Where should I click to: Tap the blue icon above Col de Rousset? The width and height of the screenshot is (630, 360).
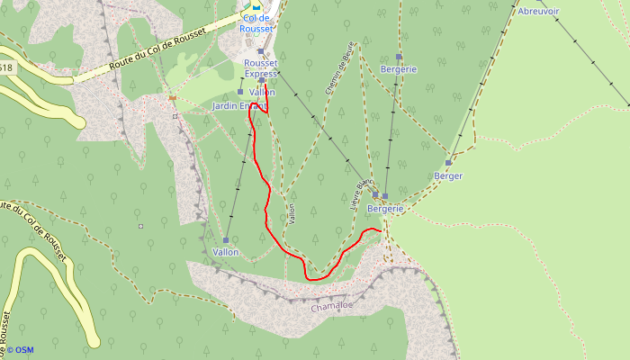pyautogui.click(x=255, y=5)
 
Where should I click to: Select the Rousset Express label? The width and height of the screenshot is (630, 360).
pyautogui.click(x=260, y=68)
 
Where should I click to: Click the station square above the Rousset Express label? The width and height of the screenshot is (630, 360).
pyautogui.click(x=260, y=52)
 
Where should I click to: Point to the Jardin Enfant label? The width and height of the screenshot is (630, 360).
pyautogui.click(x=238, y=106)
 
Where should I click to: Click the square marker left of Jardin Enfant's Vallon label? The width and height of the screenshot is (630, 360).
pyautogui.click(x=240, y=92)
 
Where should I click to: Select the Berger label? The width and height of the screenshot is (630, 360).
pyautogui.click(x=447, y=175)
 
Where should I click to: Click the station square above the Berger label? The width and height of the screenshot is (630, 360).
pyautogui.click(x=448, y=163)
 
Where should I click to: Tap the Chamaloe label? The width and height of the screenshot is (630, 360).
pyautogui.click(x=331, y=307)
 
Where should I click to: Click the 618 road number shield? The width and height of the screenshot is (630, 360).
pyautogui.click(x=5, y=67)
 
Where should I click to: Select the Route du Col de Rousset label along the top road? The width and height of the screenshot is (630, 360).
pyautogui.click(x=157, y=50)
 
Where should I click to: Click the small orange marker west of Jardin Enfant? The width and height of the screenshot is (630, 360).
pyautogui.click(x=171, y=97)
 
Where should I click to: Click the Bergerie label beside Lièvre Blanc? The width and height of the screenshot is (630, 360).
pyautogui.click(x=385, y=209)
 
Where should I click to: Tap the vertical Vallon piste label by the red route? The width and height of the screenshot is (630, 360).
pyautogui.click(x=292, y=214)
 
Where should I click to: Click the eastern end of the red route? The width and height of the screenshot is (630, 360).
pyautogui.click(x=382, y=231)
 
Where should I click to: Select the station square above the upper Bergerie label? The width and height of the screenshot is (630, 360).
pyautogui.click(x=399, y=57)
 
